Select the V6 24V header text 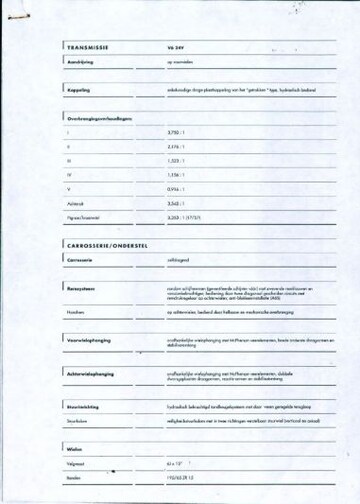tap(176, 47)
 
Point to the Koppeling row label tap(78, 89)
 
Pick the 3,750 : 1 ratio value tap(178, 132)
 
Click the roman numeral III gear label tap(69, 160)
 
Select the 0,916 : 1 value tap(178, 188)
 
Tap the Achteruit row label tap(76, 202)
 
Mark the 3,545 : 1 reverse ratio tap(178, 202)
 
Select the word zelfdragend tap(180, 259)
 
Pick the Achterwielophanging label tap(94, 374)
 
